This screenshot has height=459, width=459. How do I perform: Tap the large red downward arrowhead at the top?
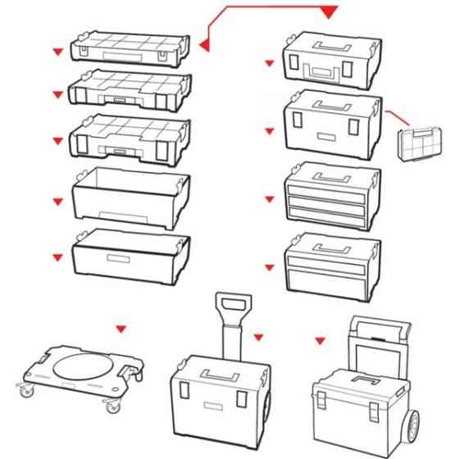click(329, 11)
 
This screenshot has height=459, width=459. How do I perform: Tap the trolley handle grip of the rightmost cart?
click(378, 326)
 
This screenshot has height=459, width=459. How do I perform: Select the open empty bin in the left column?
click(131, 197)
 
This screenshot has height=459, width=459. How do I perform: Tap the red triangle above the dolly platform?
click(121, 329)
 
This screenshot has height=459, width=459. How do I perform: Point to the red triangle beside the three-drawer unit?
click(269, 198)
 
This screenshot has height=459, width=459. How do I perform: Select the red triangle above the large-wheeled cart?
click(320, 337)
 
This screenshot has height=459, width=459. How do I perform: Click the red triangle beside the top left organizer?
click(57, 52)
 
